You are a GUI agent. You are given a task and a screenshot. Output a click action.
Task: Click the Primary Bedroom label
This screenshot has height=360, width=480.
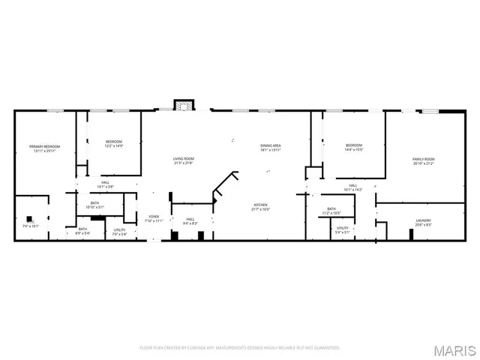(x=45, y=148)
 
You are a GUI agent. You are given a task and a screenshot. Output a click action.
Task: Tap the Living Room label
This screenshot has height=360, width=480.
(x=184, y=160)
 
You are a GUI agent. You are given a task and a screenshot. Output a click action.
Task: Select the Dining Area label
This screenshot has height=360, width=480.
(x=271, y=148)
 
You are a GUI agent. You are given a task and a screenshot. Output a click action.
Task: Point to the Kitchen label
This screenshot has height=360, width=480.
(x=260, y=207)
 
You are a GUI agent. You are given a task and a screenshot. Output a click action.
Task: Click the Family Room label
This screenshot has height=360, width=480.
(x=423, y=161)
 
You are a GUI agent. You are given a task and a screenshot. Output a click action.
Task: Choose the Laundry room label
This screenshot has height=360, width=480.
(x=423, y=222)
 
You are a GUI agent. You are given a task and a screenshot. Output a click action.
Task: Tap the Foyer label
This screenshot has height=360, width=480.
(x=153, y=218)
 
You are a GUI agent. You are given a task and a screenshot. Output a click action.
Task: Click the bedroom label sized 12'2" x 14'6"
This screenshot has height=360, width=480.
(x=113, y=144)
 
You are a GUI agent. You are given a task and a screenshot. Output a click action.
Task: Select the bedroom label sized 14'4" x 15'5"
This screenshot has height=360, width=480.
(x=353, y=148)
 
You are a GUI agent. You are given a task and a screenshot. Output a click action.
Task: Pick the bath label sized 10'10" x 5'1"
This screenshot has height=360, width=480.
(x=95, y=205)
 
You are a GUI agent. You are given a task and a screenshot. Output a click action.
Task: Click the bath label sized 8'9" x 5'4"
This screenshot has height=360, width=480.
(x=82, y=231)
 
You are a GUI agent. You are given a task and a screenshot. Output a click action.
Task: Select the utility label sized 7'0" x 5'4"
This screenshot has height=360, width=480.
(x=119, y=232)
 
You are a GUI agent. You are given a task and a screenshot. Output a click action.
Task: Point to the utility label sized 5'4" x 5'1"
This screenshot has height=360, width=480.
(x=342, y=229)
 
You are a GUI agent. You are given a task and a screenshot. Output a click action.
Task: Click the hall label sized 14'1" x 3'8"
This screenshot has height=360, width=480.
(x=106, y=184)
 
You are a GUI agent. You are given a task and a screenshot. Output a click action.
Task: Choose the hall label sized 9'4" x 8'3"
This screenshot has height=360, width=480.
(x=190, y=221)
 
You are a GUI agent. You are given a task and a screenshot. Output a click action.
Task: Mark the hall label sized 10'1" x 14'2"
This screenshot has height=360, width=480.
(x=352, y=187)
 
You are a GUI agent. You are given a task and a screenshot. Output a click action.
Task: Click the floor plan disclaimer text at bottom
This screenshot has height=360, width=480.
(x=240, y=348)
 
